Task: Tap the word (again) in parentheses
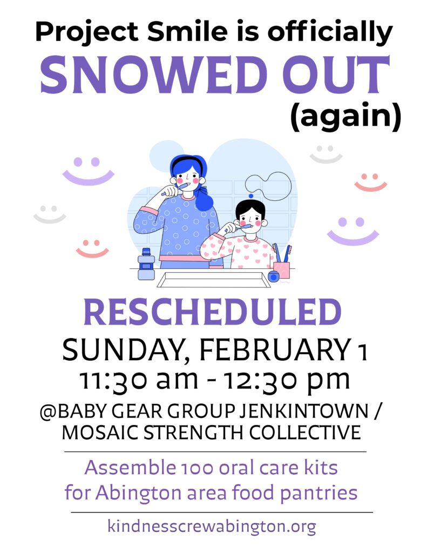pyautogui.click(x=346, y=116)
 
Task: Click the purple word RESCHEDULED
pyautogui.click(x=213, y=312)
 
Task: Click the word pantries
pyautogui.click(x=318, y=493)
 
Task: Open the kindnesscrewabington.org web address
pyautogui.click(x=212, y=527)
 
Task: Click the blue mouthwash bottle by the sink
pyautogui.click(x=146, y=264)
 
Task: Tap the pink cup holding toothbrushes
pyautogui.click(x=281, y=270)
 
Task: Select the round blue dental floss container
pyautogui.click(x=273, y=276)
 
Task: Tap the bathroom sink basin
pyautogui.click(x=213, y=280)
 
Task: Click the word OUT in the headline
pyautogui.click(x=336, y=75)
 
